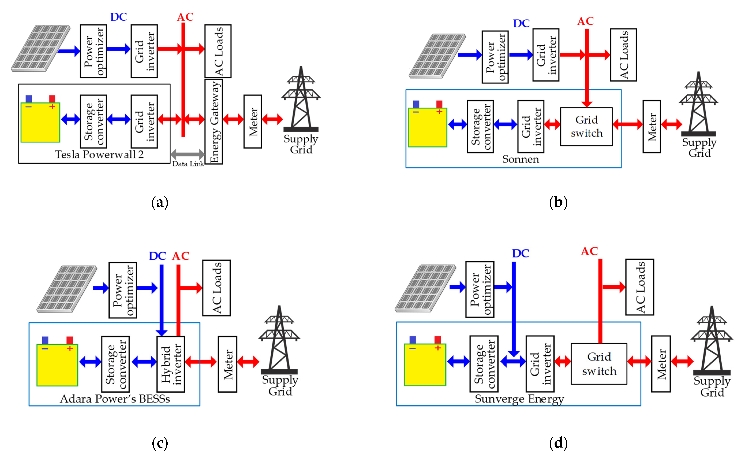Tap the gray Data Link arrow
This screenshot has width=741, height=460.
pos(188,154)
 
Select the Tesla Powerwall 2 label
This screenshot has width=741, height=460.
pos(99,155)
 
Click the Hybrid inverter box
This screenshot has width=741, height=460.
pos(171,364)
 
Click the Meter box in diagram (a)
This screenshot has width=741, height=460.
pos(252,122)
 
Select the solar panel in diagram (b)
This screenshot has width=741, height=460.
pos(437,56)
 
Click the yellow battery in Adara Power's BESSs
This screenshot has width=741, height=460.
pos(57,365)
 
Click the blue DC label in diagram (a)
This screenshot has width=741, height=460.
pos(119,17)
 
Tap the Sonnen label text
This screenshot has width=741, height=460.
pos(520,159)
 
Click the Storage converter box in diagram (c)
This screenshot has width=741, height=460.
pos(115,364)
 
